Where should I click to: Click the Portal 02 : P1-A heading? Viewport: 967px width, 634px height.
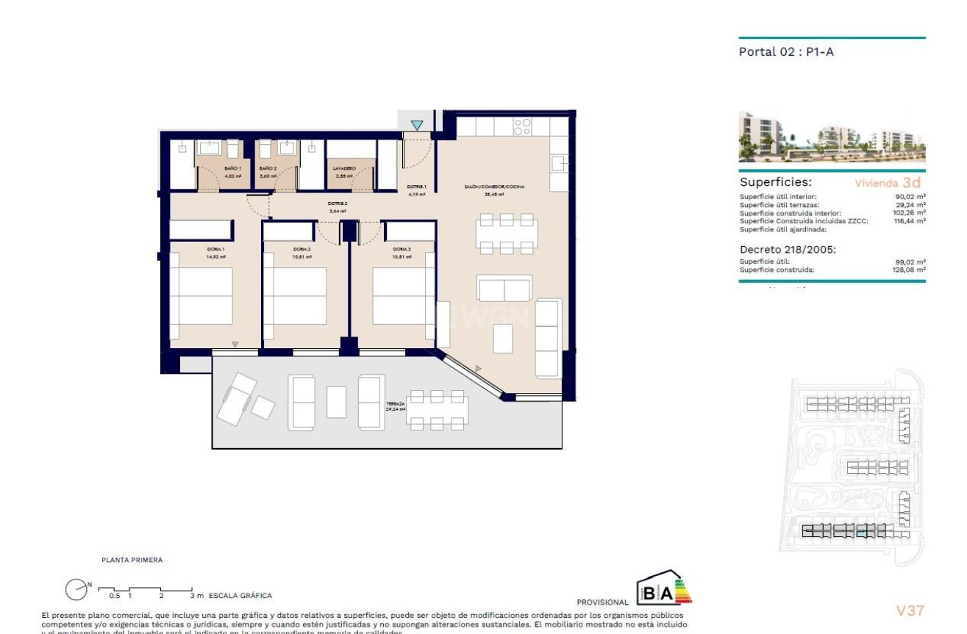click(x=786, y=51)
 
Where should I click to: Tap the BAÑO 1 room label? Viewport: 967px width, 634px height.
click(x=232, y=168)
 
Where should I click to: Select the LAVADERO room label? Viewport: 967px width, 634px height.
click(x=345, y=168)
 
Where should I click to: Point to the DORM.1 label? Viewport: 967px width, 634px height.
click(x=215, y=249)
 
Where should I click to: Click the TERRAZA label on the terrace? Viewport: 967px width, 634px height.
click(x=396, y=404)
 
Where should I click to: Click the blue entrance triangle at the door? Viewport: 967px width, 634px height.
click(x=417, y=126)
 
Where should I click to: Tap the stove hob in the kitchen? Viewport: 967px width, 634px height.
click(x=522, y=126)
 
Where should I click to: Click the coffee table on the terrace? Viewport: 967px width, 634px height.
click(x=336, y=402)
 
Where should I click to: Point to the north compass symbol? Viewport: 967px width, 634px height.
click(x=77, y=588)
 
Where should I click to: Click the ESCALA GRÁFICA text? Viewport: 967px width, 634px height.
click(x=240, y=596)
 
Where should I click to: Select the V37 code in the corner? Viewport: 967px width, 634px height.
click(x=910, y=610)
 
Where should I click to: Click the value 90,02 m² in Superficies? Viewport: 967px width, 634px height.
click(x=910, y=197)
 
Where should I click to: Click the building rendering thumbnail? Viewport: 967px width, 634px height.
click(x=832, y=137)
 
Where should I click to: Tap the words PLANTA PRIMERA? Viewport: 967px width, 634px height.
click(x=132, y=560)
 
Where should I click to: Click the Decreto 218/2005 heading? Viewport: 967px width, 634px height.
click(x=788, y=249)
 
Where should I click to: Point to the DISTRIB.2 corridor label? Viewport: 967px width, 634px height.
click(x=338, y=203)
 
